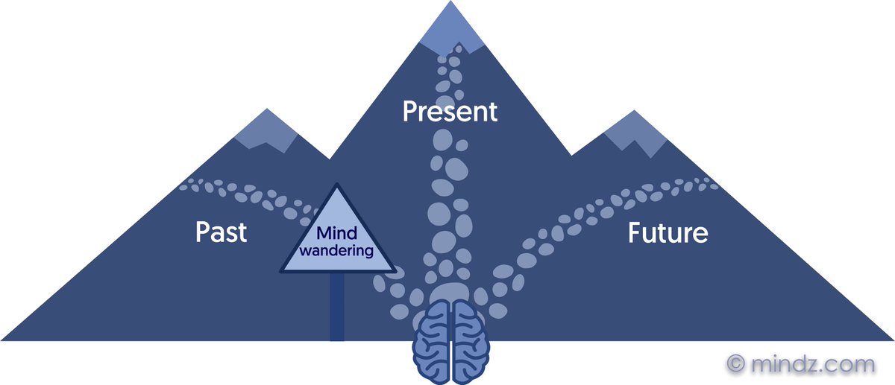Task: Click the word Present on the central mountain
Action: point(449,112)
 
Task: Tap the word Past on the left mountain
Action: point(221,232)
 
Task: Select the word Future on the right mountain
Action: point(668,233)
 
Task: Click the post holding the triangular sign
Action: point(337,305)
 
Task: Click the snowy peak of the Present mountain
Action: point(450,26)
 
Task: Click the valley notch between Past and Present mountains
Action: point(329,158)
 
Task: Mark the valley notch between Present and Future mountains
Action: point(571,155)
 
